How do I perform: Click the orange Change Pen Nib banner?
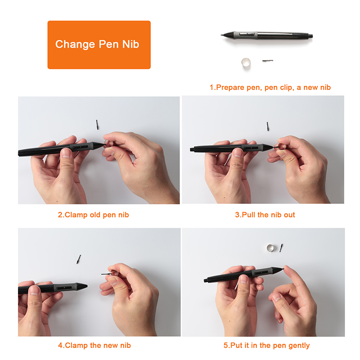pos(99,45)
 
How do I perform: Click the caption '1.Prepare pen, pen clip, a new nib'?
pos(270,87)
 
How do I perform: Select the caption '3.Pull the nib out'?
pos(265,215)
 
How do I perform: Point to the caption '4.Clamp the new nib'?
pos(94,346)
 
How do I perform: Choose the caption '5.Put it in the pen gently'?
pos(266,346)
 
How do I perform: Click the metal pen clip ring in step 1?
pos(245,63)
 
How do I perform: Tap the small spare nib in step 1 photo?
pos(268,60)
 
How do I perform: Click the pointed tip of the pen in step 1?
pos(223,35)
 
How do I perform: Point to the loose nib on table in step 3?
pos(267,126)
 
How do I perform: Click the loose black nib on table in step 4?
pos(78,259)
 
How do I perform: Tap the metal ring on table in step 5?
pos(270,247)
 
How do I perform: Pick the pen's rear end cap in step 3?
pos(193,148)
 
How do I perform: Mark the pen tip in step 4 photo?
pos(86,285)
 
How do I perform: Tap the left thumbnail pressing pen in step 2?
pos(66,153)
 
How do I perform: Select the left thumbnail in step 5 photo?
pos(243,279)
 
